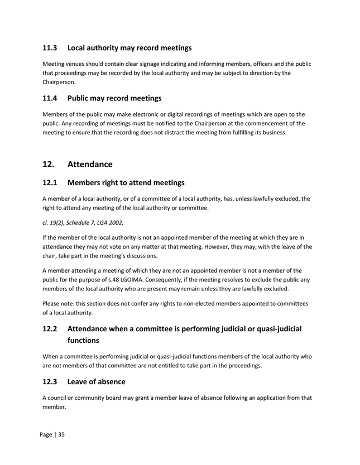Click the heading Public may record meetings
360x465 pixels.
tap(114, 98)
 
